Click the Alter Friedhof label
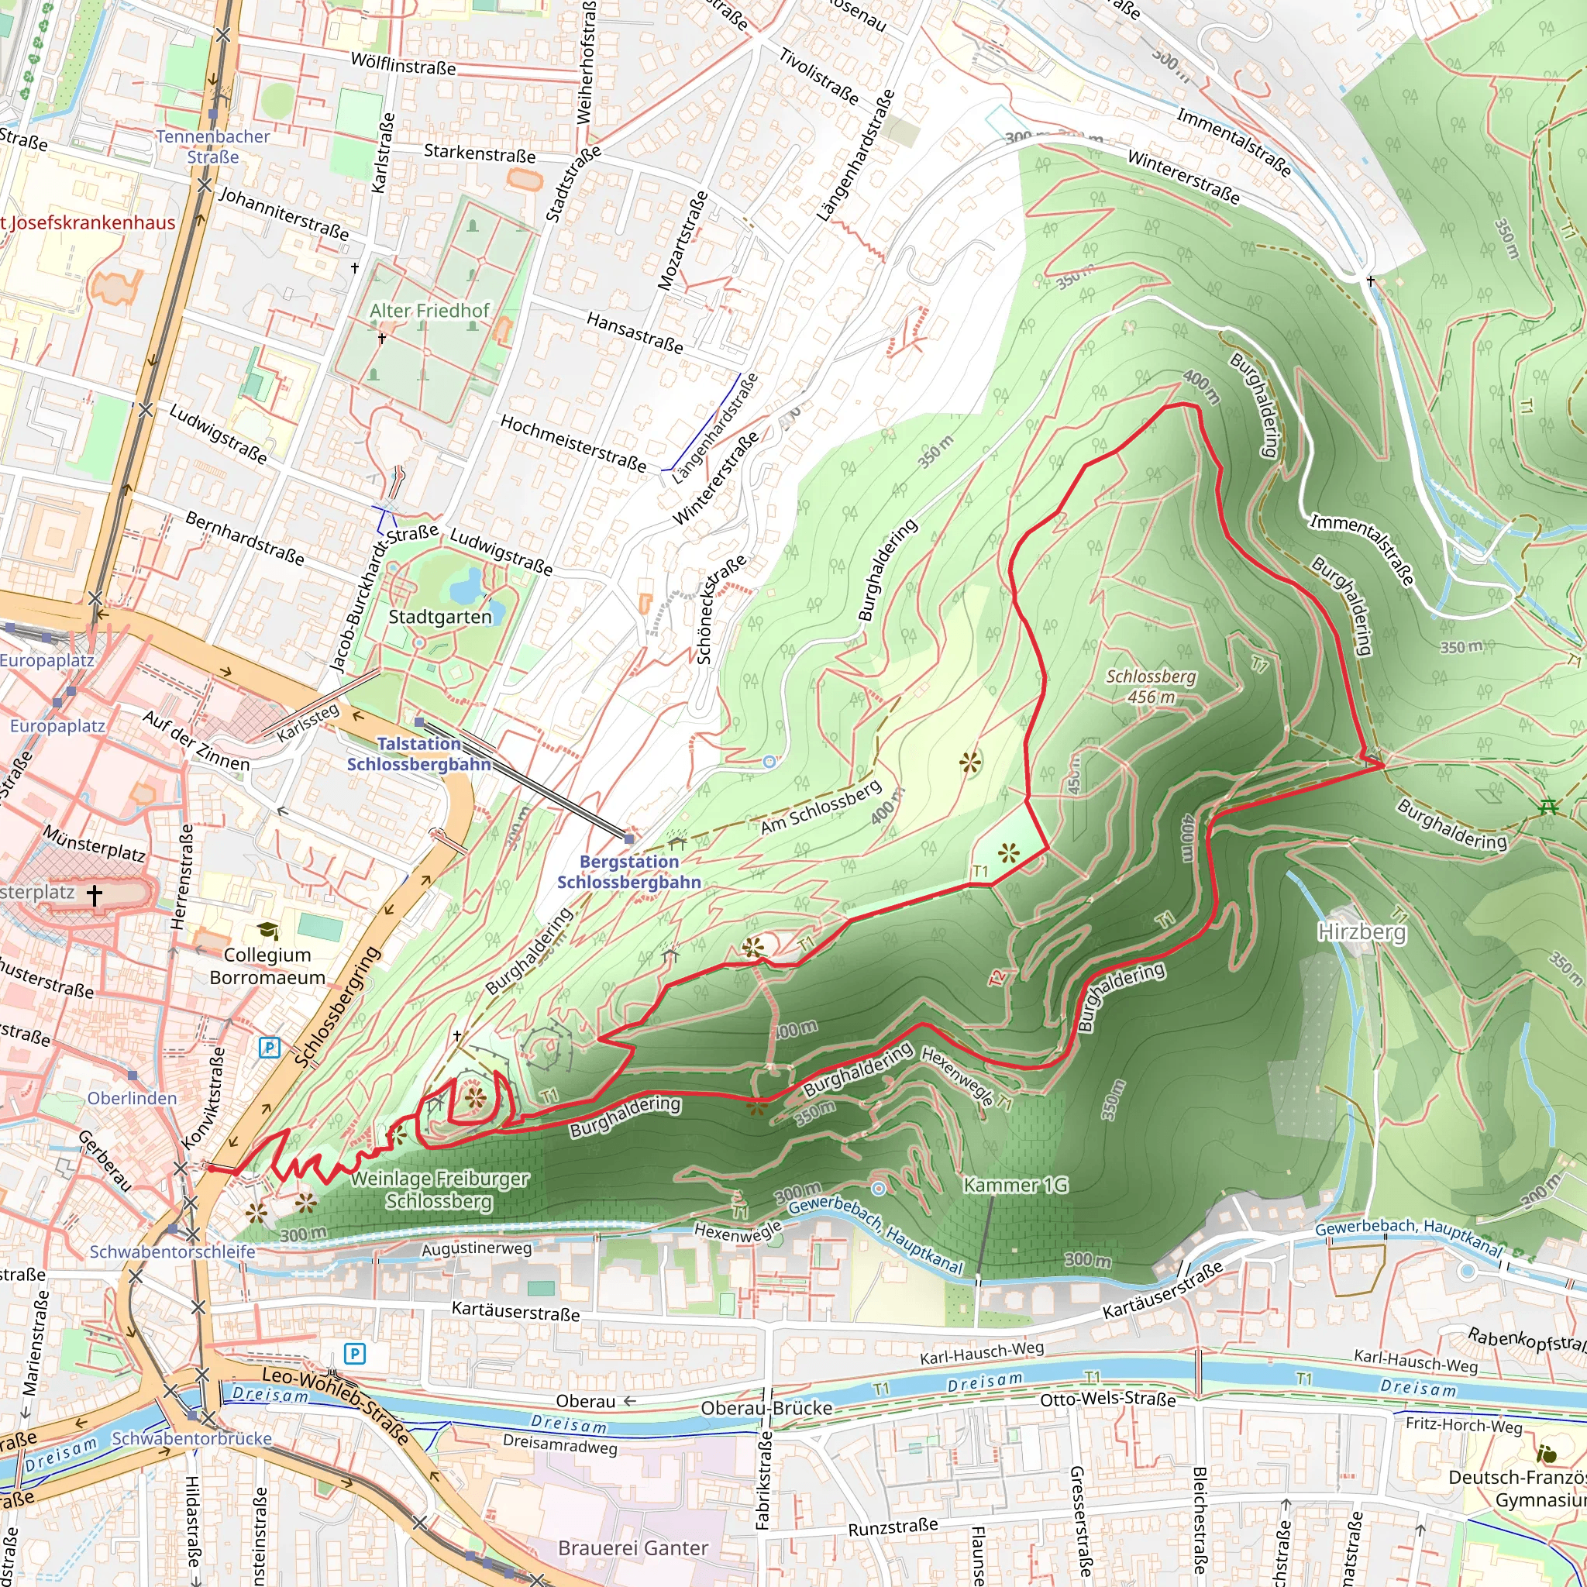(429, 311)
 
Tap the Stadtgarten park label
(439, 617)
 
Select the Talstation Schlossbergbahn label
(418, 754)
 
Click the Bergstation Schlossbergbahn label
(629, 872)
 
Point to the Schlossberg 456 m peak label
(1151, 686)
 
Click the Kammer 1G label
(1015, 1185)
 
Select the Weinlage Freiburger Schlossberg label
(439, 1189)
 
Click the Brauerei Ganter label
(632, 1547)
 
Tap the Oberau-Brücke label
(766, 1408)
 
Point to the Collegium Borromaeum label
(267, 966)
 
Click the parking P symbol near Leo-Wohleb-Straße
(354, 1353)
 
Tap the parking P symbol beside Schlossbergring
(270, 1048)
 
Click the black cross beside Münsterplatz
(95, 894)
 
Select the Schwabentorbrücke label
(191, 1438)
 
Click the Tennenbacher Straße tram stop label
(213, 146)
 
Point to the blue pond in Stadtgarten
(466, 586)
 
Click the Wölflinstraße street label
(402, 64)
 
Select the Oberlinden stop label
(133, 1098)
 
